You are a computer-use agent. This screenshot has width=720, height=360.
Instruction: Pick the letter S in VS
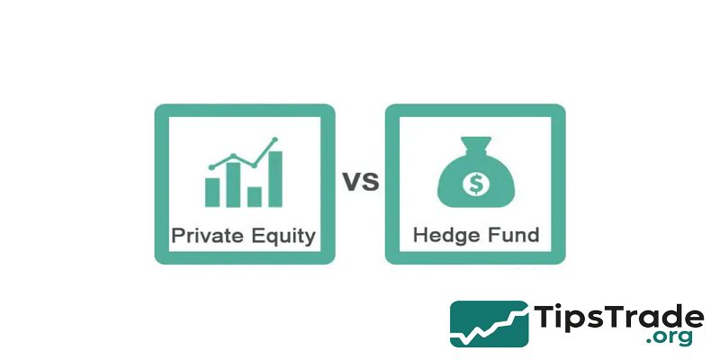[x=370, y=182]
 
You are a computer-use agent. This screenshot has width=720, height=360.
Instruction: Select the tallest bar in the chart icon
[x=275, y=179]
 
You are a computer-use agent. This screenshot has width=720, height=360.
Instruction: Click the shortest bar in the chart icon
[x=255, y=196]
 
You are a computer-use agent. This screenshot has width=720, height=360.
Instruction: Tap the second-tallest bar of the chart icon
[x=234, y=184]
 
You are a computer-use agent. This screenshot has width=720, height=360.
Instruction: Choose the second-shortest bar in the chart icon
[x=213, y=191]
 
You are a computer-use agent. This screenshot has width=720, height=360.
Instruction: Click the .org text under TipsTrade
[x=670, y=338]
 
